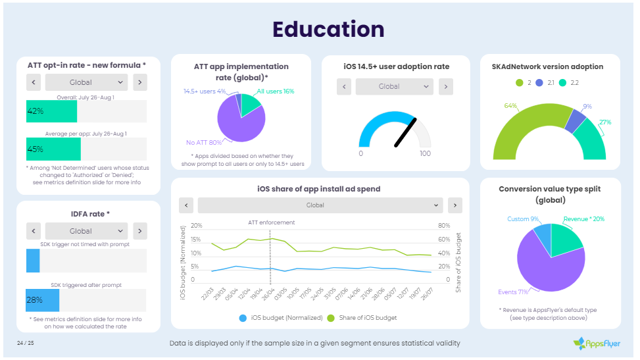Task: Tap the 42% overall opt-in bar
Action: [x=51, y=111]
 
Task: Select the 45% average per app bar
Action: [x=53, y=149]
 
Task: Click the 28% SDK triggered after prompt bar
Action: [x=42, y=299]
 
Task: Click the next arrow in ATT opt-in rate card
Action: [x=139, y=82]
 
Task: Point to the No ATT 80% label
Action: [x=204, y=142]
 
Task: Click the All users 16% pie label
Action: [x=275, y=91]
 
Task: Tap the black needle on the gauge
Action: [x=405, y=132]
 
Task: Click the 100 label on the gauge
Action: [x=425, y=153]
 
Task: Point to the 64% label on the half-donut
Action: [x=510, y=105]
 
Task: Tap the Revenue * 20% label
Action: [x=583, y=219]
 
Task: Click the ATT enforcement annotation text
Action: [x=271, y=222]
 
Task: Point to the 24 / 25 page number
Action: [x=26, y=343]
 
